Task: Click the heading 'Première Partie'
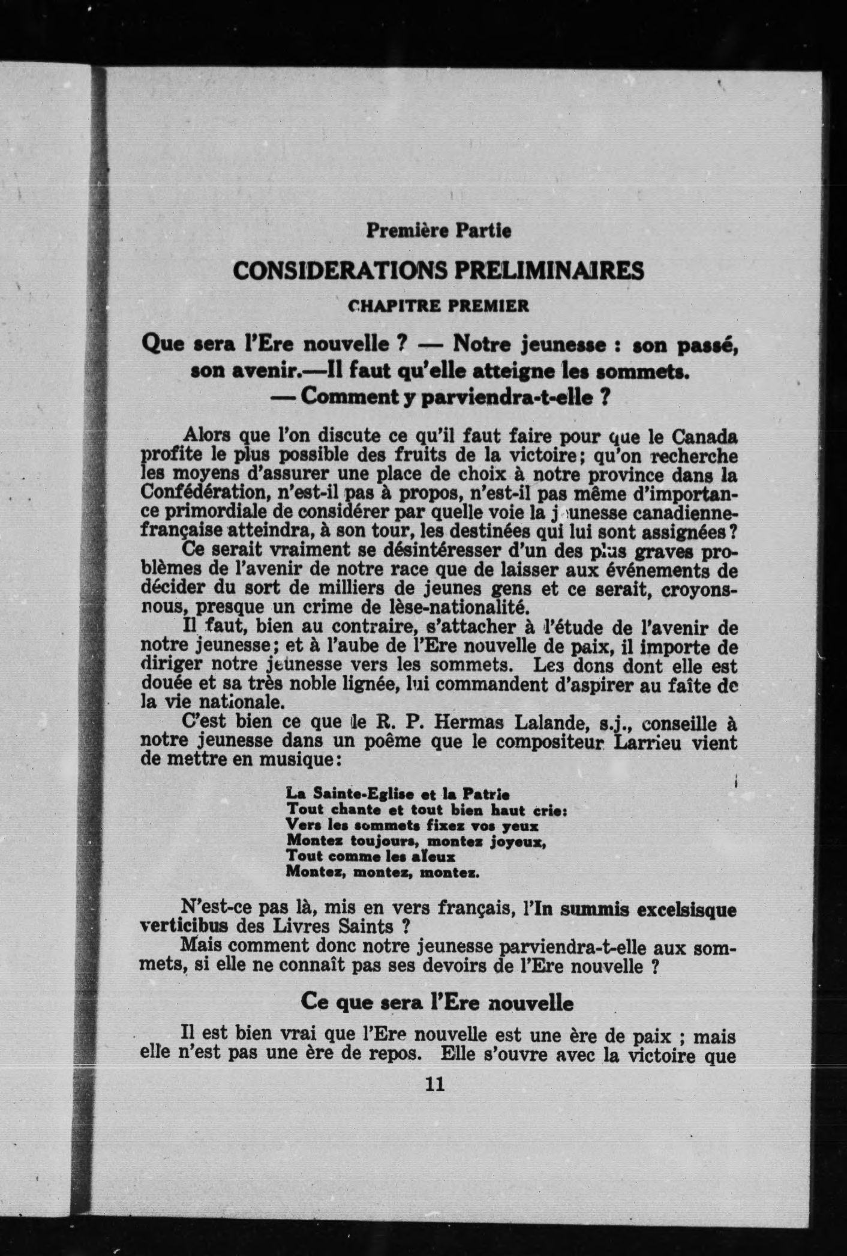pos(438,230)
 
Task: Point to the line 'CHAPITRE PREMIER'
pos(438,306)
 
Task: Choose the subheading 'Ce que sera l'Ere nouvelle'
pos(437,1001)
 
